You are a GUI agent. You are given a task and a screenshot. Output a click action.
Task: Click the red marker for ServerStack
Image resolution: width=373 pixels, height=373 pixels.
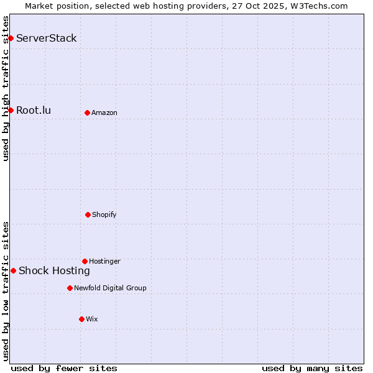[x=11, y=39]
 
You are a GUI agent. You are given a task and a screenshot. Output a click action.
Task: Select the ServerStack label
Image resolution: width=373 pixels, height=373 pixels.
[x=47, y=39]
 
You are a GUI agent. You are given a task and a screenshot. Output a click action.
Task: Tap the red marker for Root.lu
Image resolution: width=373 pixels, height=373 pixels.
[x=11, y=111]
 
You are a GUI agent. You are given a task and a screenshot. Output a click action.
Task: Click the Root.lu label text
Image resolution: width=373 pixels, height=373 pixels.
[x=34, y=111]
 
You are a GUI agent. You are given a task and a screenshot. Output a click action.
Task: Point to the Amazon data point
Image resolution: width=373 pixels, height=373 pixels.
[x=87, y=113]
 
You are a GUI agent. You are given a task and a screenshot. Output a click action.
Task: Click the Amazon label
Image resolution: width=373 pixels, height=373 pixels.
[x=104, y=113]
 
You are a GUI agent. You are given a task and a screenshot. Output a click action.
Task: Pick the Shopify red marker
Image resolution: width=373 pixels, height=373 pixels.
[x=88, y=214]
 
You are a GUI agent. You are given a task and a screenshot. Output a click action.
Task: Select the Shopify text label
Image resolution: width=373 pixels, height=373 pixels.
[x=104, y=214]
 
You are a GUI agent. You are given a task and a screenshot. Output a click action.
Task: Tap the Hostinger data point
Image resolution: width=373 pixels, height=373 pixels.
[x=85, y=261]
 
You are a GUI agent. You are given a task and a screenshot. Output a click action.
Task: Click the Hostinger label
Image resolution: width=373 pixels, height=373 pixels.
[x=104, y=261]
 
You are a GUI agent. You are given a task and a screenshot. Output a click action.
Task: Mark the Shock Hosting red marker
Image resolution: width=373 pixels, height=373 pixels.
[x=13, y=270]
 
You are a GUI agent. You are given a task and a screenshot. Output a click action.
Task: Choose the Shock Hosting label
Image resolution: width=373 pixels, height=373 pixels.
[x=54, y=270]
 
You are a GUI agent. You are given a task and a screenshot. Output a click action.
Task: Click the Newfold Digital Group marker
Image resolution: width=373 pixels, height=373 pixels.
[x=70, y=288]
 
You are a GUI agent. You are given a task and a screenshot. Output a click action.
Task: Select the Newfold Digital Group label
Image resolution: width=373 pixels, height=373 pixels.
[x=110, y=288]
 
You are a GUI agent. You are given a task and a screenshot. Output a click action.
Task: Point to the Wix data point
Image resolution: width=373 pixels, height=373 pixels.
[x=81, y=319]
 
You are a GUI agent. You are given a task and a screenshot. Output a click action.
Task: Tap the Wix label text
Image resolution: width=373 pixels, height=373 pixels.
[x=92, y=319]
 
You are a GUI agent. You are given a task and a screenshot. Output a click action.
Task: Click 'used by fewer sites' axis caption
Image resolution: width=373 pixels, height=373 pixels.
[x=64, y=368]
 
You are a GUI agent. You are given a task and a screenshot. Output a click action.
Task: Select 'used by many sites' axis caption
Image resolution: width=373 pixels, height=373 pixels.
[x=312, y=368]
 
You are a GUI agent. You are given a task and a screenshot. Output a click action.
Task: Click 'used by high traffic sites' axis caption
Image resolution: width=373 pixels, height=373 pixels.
[x=6, y=88]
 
